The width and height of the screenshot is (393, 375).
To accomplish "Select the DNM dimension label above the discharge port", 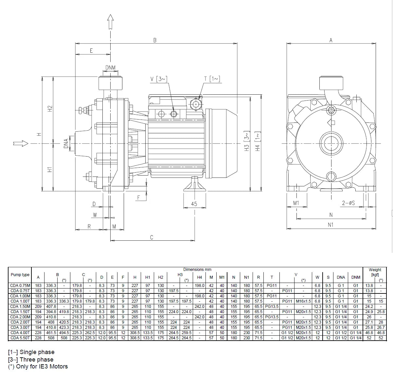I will click(x=110, y=67).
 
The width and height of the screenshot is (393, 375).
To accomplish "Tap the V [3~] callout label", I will click(x=159, y=79).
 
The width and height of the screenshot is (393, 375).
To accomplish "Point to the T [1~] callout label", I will click(x=212, y=79).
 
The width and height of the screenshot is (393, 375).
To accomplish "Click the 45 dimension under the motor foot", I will click(x=194, y=204).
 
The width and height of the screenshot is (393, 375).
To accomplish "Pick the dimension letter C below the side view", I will click(x=152, y=237).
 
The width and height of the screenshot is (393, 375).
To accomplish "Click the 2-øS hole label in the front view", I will click(x=348, y=203).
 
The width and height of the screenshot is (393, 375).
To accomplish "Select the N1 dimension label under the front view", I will click(x=330, y=225).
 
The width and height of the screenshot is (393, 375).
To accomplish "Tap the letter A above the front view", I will click(x=331, y=40).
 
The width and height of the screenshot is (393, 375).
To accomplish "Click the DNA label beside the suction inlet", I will click(x=66, y=143).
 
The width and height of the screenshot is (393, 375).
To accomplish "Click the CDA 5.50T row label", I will click(x=20, y=338).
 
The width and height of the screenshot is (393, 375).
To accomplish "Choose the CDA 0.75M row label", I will click(x=20, y=286).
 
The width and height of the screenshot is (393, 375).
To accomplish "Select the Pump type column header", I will click(x=20, y=275).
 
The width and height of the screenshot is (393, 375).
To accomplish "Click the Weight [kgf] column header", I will click(x=375, y=272).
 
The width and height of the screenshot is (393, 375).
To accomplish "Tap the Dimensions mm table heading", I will click(x=197, y=270).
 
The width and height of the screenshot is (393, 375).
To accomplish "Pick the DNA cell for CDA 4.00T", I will click(x=341, y=333).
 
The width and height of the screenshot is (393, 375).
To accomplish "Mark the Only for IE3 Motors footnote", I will click(x=38, y=366).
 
